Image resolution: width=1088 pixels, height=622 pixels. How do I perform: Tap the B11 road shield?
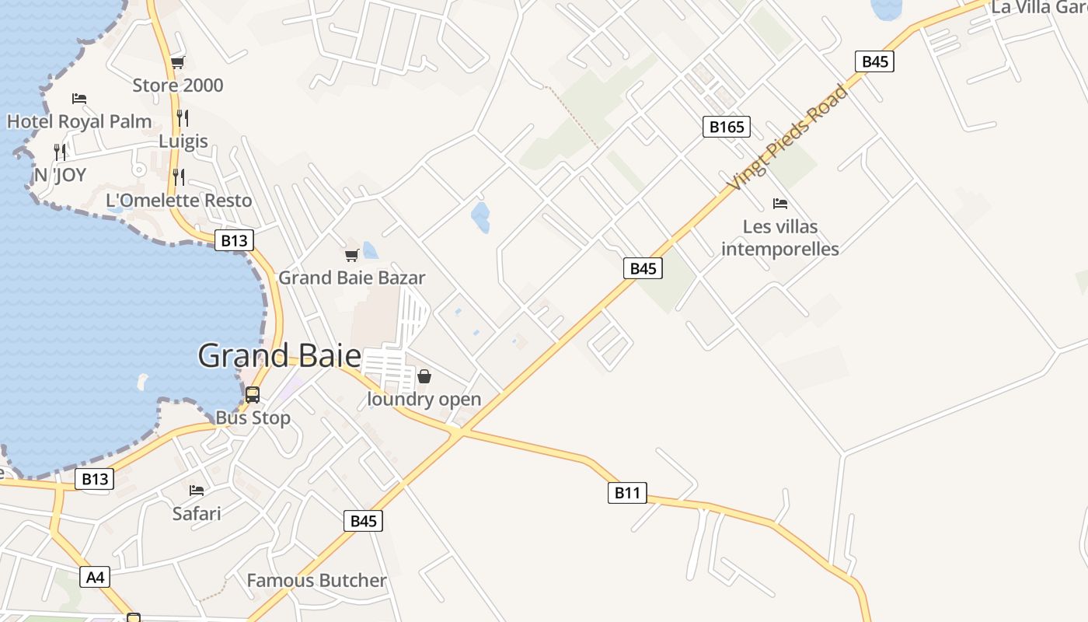click(x=626, y=492)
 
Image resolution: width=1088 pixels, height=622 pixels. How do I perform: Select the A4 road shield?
click(x=95, y=577)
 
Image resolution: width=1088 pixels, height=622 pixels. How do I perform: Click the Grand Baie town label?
click(x=279, y=356)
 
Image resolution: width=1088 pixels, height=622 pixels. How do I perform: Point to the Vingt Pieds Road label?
click(x=786, y=138)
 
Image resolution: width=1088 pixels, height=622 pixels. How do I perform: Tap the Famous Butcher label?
click(x=316, y=581)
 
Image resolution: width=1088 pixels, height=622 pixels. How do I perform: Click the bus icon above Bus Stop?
click(x=253, y=395)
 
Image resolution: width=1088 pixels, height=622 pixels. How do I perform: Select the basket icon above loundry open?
click(x=424, y=377)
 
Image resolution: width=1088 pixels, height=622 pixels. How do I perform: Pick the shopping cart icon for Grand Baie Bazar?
click(x=352, y=255)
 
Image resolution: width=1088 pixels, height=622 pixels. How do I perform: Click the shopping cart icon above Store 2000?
click(x=178, y=63)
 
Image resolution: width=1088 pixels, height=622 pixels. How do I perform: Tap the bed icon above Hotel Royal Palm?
click(x=79, y=99)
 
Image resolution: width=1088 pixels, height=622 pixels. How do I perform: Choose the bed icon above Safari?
click(x=197, y=491)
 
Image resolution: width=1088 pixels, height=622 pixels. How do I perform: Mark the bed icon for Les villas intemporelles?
click(x=780, y=204)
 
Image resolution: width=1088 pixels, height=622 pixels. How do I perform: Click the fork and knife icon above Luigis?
click(x=183, y=118)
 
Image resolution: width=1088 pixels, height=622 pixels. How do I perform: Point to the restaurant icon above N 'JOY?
click(x=60, y=152)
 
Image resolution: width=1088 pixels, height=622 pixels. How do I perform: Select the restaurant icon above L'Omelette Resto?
click(x=179, y=177)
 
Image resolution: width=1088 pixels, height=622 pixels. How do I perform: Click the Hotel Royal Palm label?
click(x=79, y=121)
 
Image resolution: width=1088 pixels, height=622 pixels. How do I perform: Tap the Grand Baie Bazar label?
click(x=352, y=278)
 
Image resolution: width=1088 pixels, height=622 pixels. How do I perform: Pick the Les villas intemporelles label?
click(x=780, y=238)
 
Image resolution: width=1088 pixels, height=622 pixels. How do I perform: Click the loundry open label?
click(x=424, y=400)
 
